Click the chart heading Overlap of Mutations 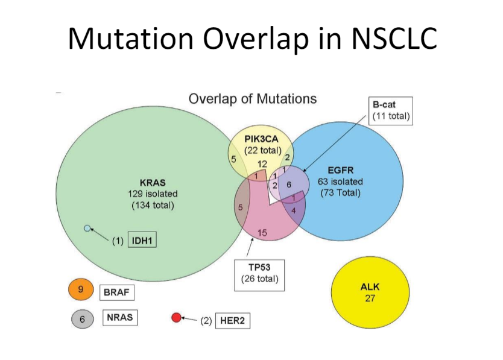[253, 98]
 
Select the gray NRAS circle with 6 [81, 319]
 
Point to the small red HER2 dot [176, 318]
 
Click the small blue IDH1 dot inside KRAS [87, 228]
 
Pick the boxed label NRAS [120, 318]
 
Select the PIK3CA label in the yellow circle [261, 139]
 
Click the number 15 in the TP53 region [262, 233]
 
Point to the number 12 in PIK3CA [262, 164]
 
